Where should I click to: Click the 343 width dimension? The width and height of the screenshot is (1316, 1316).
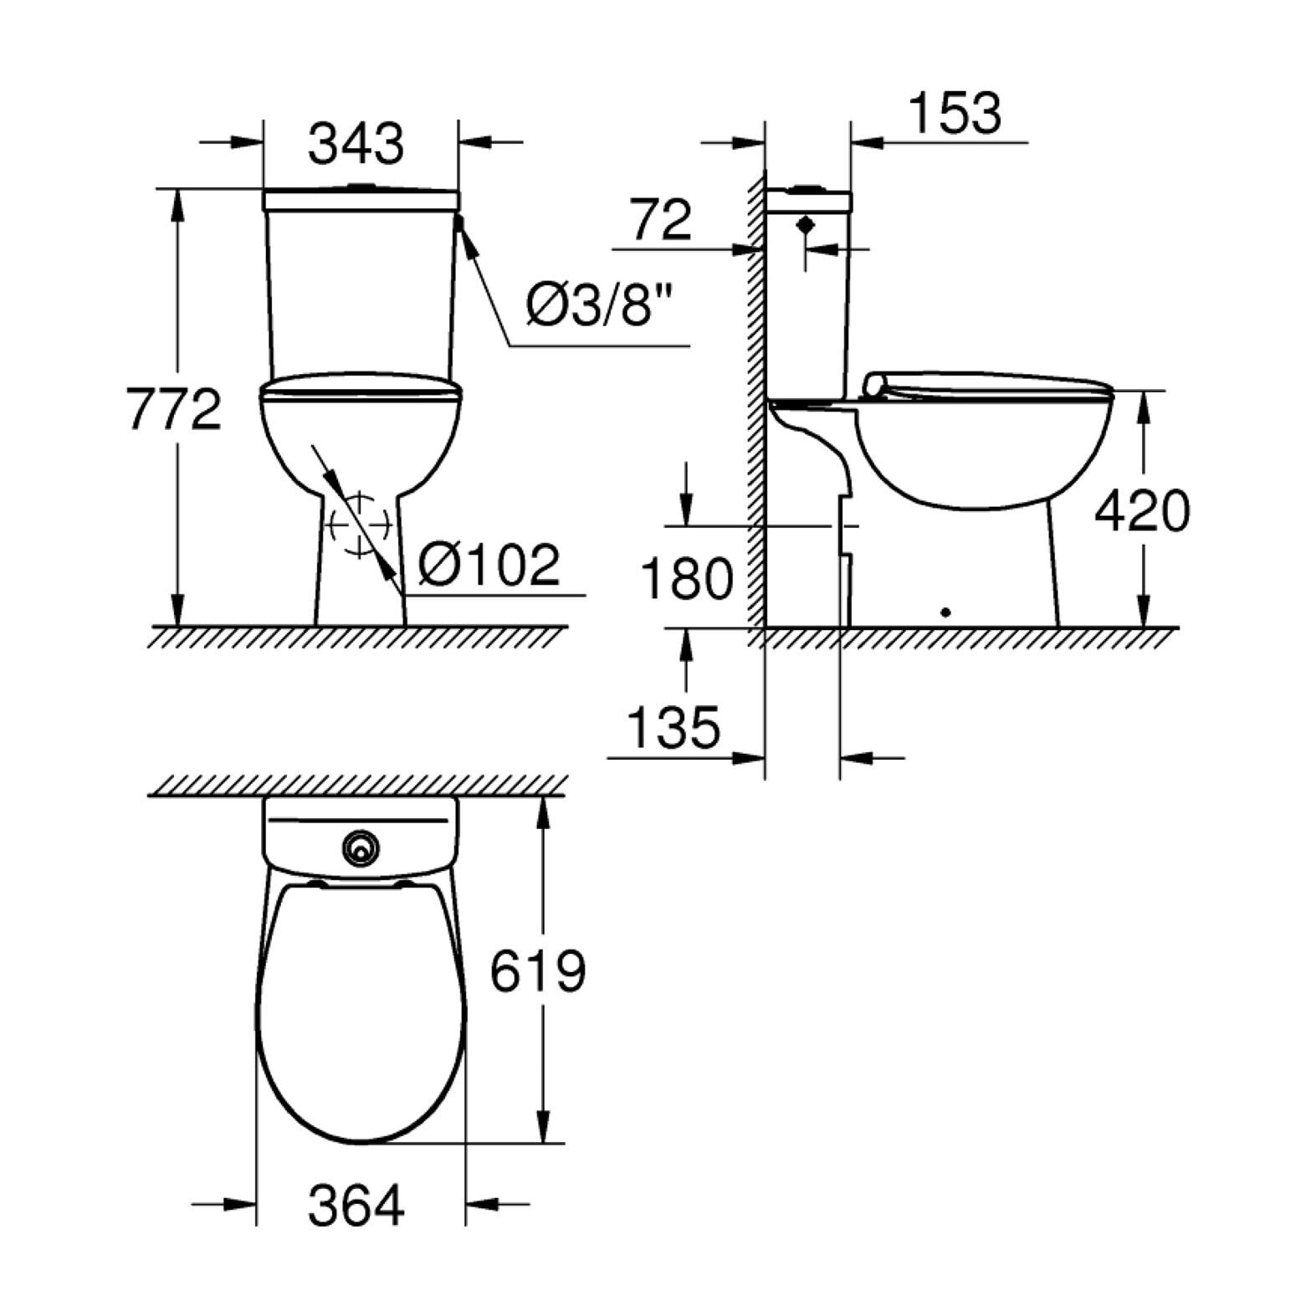click(x=356, y=143)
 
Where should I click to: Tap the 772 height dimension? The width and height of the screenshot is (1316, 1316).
click(x=175, y=408)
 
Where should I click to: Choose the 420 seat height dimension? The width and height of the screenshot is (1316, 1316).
click(x=1141, y=511)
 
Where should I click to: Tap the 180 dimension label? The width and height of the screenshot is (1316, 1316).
click(x=687, y=577)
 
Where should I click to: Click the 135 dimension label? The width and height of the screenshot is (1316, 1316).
click(x=673, y=726)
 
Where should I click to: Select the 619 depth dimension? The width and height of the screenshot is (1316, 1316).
click(x=538, y=971)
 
